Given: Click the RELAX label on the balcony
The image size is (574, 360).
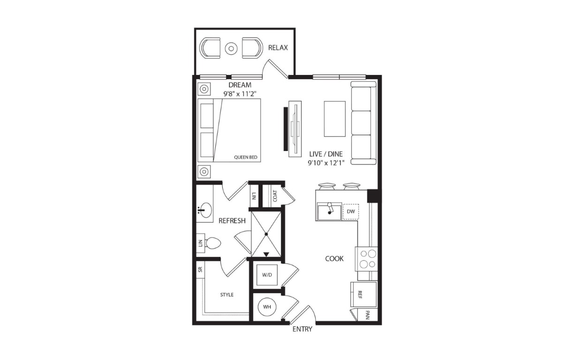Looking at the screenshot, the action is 278,48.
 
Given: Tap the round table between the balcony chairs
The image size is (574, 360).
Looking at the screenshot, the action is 231,48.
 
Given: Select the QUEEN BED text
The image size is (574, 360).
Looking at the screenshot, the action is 245,157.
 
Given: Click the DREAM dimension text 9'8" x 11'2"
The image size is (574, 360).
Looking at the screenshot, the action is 240,94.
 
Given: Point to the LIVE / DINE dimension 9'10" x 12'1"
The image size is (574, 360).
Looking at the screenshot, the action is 326,163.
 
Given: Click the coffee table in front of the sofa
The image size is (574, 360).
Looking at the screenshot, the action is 335,119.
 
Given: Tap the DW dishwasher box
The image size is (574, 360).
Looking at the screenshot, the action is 351,212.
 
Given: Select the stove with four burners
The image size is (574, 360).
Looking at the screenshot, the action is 366,259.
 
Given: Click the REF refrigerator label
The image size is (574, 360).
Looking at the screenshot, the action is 360,295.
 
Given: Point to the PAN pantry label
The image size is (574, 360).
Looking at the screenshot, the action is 368,315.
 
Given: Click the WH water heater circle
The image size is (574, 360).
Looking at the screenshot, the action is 267,307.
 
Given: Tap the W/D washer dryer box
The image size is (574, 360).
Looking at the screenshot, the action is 267,275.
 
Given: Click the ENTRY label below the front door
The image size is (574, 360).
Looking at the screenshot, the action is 302,329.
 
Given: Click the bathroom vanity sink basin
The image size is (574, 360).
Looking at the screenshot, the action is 205,210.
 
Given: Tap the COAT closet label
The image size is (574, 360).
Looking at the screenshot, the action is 275,196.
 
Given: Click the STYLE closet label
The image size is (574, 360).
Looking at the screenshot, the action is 227,295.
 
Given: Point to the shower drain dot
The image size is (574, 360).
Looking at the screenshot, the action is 266,234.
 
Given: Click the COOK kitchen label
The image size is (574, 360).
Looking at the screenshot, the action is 334,259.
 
